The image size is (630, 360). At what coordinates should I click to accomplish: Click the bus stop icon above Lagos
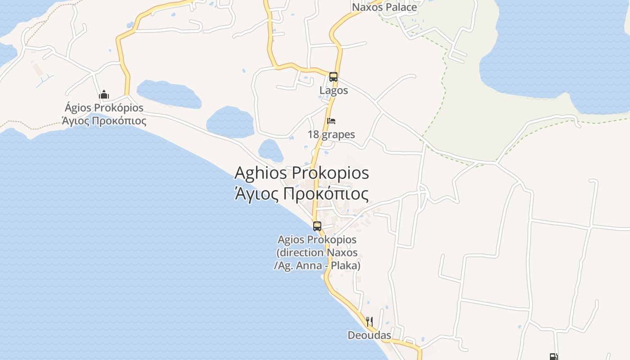tap(333, 77)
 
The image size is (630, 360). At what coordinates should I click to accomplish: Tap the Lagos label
tap(333, 90)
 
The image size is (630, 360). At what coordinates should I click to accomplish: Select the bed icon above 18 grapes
tap(331, 121)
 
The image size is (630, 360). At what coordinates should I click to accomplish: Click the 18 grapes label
tap(331, 135)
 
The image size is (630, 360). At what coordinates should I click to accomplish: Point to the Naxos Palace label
tap(384, 7)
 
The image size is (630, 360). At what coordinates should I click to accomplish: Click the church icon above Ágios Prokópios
tap(104, 94)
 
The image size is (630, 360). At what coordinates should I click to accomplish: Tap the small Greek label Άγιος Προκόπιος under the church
tap(104, 121)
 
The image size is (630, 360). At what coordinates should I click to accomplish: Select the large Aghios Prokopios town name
tap(301, 173)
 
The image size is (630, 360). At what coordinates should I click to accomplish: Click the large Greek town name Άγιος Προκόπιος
tap(301, 194)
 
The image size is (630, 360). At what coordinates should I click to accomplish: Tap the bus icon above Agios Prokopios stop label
tap(317, 226)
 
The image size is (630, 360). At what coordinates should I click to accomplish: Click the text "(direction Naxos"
tap(317, 252)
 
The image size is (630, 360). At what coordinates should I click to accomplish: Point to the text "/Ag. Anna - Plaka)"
tap(317, 266)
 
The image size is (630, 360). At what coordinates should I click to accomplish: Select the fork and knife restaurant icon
tap(369, 321)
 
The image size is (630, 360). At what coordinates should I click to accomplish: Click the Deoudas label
tap(369, 335)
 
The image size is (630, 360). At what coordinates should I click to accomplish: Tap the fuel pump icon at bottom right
tap(553, 357)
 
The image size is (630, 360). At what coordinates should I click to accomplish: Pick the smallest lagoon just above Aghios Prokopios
tap(270, 150)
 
